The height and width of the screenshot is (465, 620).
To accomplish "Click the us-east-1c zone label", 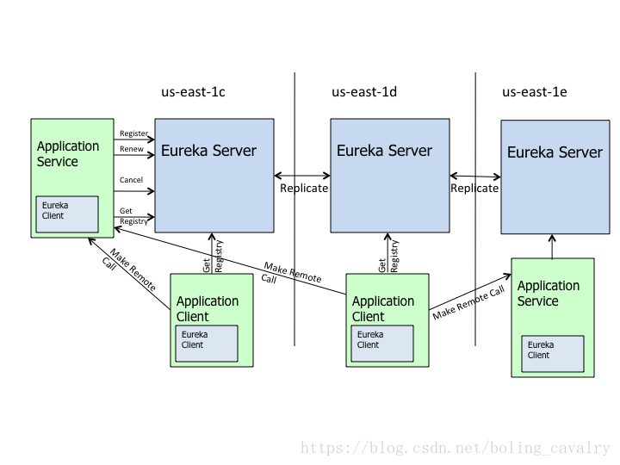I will tap(193, 92).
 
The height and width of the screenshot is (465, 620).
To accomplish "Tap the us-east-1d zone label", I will tap(364, 92).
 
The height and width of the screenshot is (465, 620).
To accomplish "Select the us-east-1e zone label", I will tap(535, 92).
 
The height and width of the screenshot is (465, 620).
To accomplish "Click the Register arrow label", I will tap(133, 133).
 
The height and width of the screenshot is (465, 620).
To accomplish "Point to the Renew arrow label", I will tap(132, 149).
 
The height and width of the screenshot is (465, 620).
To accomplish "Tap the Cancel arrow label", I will tap(131, 180).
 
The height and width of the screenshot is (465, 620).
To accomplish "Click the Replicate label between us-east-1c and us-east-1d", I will tap(304, 188).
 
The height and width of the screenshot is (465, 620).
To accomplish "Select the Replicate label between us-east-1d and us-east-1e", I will tap(474, 188).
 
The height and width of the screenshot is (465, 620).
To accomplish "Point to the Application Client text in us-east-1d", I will tap(383, 308).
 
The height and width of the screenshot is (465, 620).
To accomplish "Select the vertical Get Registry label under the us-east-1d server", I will tap(389, 255).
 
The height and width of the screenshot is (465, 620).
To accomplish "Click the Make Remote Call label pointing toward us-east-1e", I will tap(468, 302).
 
